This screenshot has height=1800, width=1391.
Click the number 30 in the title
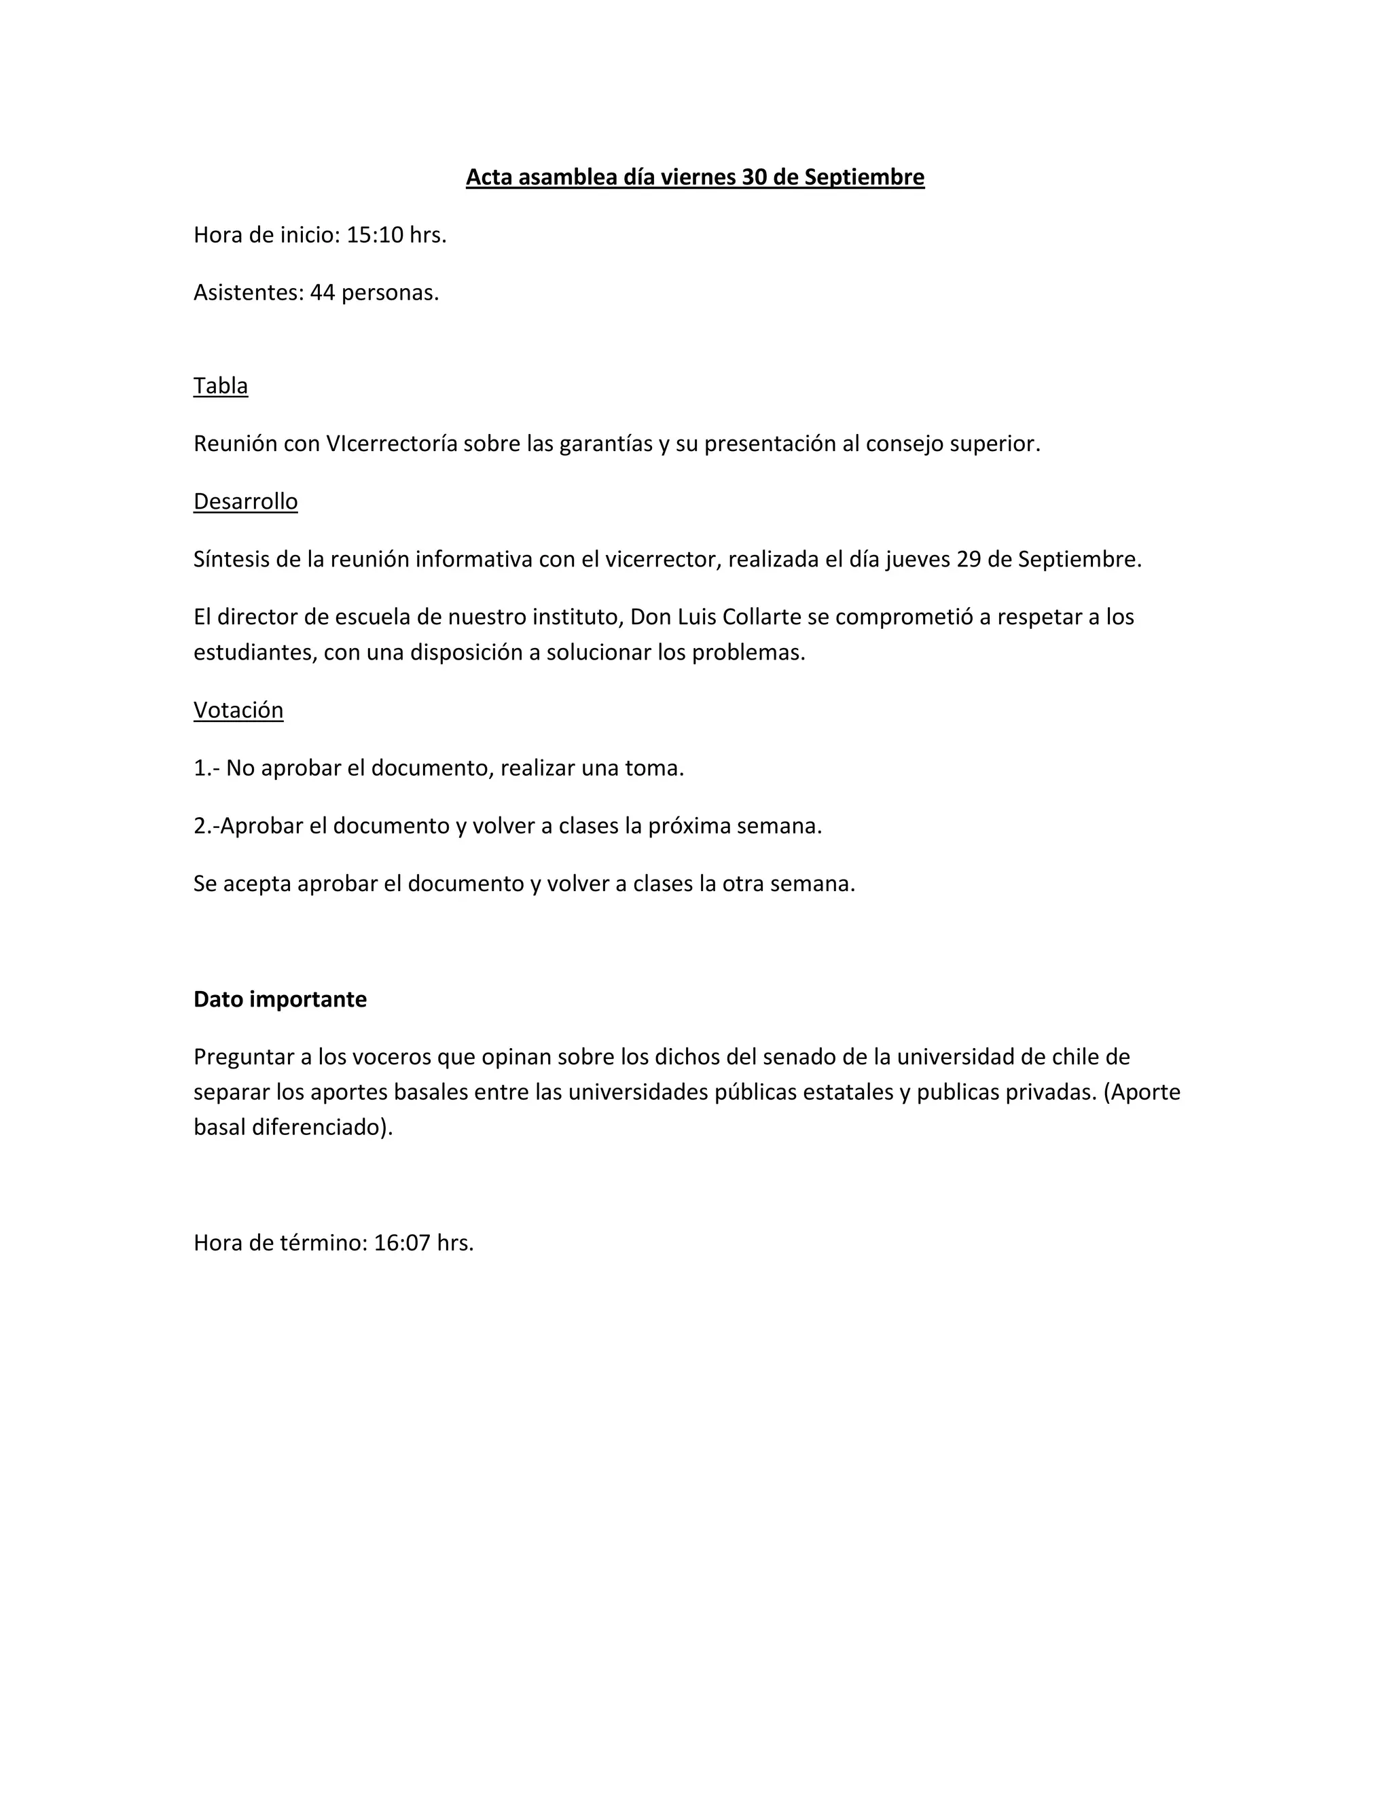click(x=754, y=177)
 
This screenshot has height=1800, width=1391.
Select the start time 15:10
click(x=375, y=236)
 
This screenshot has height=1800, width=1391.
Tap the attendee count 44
click(x=322, y=293)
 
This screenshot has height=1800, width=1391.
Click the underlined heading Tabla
click(x=220, y=386)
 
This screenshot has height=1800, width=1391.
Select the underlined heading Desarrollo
click(x=246, y=502)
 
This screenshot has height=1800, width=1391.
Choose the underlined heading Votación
click(x=238, y=710)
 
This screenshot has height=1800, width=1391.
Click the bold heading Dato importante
click(x=281, y=1000)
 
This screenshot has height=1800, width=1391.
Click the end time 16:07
click(x=402, y=1243)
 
